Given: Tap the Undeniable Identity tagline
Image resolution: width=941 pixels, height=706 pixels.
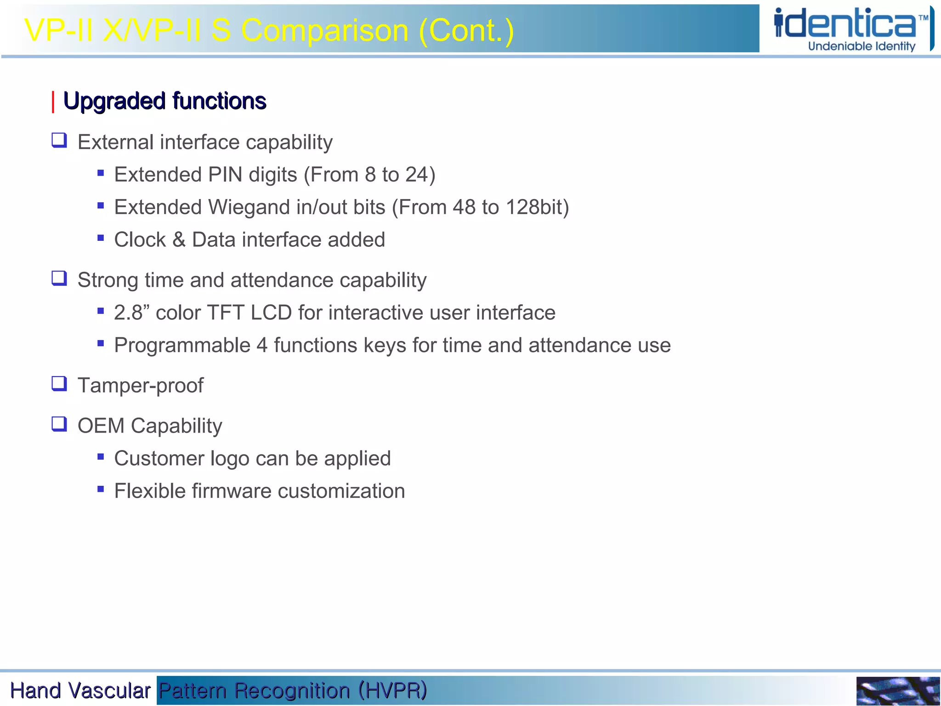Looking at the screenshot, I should pos(862,46).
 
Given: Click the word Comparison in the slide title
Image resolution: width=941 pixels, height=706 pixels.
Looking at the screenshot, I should pos(324,31).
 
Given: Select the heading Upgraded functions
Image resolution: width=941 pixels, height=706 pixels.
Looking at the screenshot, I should pos(164,101).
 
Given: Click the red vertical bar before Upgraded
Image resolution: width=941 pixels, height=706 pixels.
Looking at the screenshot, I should pos(53,102).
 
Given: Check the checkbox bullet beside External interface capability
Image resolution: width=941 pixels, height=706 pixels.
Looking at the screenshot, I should pos(59,140).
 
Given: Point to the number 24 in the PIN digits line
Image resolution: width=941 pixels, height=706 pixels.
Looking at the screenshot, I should pos(417,175).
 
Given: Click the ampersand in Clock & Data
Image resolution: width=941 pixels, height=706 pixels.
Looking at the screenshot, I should pos(179,240).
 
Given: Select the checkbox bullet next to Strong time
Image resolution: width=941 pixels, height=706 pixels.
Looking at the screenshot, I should pos(59,278).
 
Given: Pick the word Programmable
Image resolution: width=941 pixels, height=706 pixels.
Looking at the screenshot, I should pos(182,346).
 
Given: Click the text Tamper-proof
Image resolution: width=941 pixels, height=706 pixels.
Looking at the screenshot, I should pos(140,386).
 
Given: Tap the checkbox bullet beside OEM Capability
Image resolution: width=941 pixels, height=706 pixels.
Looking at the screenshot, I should pos(59,424).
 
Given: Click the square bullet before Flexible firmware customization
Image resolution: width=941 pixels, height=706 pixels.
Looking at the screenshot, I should pos(101,490).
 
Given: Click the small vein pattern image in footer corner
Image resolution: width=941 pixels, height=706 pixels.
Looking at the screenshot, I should pos(897,691).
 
